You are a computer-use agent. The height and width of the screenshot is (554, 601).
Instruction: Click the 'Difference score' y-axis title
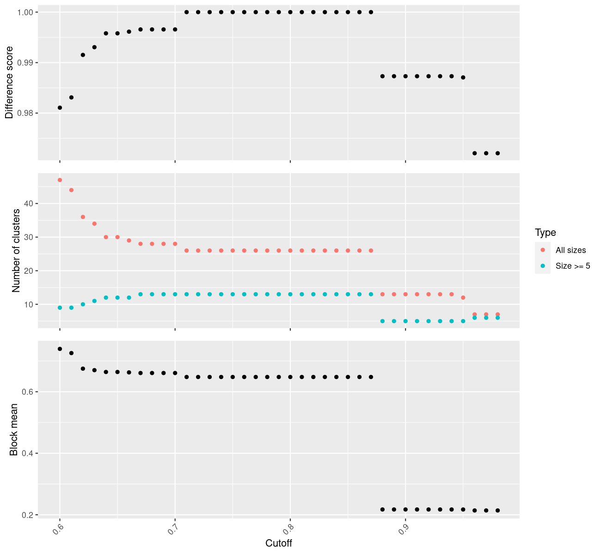[x=9, y=83]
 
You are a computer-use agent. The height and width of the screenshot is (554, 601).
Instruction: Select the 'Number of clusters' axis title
[x=16, y=251]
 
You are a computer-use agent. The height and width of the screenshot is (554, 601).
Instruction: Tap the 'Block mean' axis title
[x=14, y=430]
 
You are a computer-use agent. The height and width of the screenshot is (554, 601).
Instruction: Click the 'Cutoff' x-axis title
[x=279, y=543]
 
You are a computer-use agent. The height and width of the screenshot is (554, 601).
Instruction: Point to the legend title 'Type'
[x=545, y=232]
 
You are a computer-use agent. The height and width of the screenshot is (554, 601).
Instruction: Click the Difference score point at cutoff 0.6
[x=60, y=108]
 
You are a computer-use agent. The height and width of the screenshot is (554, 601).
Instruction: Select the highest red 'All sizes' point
[x=60, y=180]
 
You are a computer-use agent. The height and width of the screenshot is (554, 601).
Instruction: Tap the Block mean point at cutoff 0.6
[x=60, y=349]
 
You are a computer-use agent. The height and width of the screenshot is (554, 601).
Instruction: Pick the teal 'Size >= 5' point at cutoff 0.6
[x=60, y=307]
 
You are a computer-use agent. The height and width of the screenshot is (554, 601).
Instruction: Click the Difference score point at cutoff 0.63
[x=94, y=47]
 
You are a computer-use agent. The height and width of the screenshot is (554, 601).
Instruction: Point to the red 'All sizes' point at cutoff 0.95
[x=463, y=298]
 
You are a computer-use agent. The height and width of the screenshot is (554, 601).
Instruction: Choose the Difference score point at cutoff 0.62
[x=83, y=55]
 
